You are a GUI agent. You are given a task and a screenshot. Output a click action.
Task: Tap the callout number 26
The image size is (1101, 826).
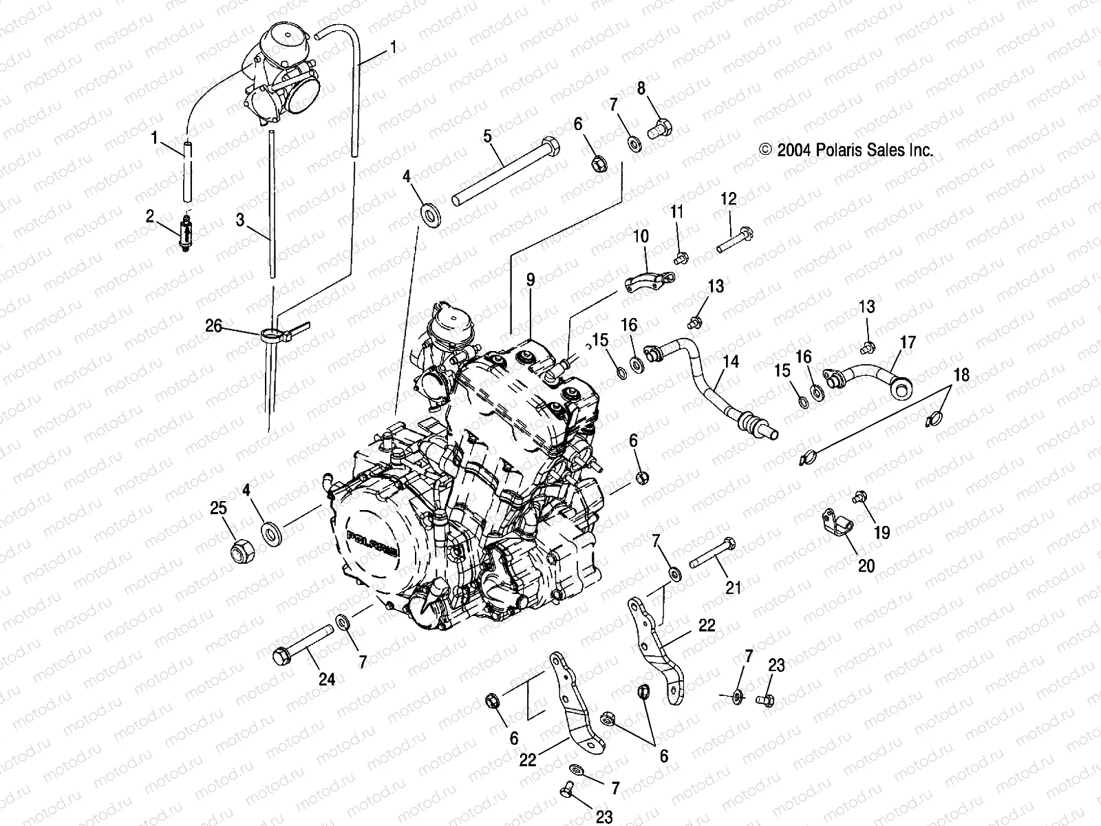pyautogui.click(x=214, y=325)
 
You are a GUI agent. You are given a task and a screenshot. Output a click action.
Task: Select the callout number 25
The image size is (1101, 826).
pyautogui.click(x=218, y=509)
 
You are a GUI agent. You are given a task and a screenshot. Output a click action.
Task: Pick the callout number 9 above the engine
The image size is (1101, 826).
pyautogui.click(x=531, y=279)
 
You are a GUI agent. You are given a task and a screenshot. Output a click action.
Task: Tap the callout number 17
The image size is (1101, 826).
pyautogui.click(x=908, y=341)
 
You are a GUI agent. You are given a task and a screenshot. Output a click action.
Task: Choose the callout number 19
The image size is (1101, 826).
pyautogui.click(x=881, y=532)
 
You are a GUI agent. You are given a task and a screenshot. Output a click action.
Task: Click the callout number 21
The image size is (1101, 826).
pyautogui.click(x=734, y=587)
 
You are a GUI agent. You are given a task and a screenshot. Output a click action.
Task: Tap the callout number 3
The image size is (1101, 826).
pyautogui.click(x=240, y=220)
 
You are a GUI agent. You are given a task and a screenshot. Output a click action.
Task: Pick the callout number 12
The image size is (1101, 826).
pyautogui.click(x=729, y=200)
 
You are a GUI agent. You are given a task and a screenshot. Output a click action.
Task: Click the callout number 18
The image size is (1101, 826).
pyautogui.click(x=961, y=375)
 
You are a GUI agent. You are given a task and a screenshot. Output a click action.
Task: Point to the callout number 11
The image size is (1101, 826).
pyautogui.click(x=677, y=211)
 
